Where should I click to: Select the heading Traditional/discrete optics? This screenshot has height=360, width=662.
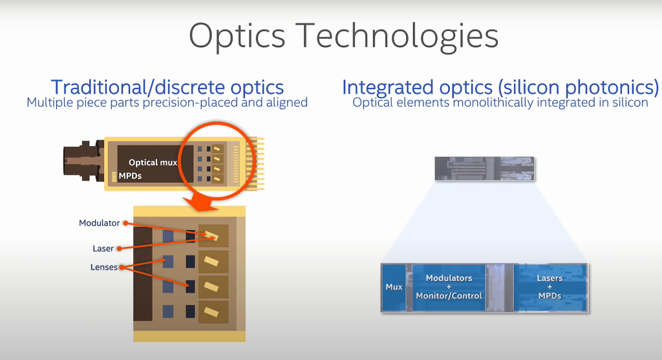coord(167,87)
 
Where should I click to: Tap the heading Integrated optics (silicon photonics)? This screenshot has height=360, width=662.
coord(500,87)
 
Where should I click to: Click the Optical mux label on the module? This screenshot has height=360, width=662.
coord(153,162)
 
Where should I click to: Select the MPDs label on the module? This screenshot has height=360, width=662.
coord(130,175)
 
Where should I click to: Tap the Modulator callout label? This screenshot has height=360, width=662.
coord(100,223)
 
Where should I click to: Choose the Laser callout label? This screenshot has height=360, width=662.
coord(103,248)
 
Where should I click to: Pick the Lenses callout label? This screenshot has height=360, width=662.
coord(104,267)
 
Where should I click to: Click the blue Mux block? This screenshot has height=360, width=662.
coord(394,287)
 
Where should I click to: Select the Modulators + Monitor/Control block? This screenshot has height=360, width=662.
coord(448,287)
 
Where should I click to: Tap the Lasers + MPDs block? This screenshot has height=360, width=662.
coord(550,287)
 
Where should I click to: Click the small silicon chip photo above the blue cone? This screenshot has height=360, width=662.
coord(484,169)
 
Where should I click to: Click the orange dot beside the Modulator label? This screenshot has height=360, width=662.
coord(124,223)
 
